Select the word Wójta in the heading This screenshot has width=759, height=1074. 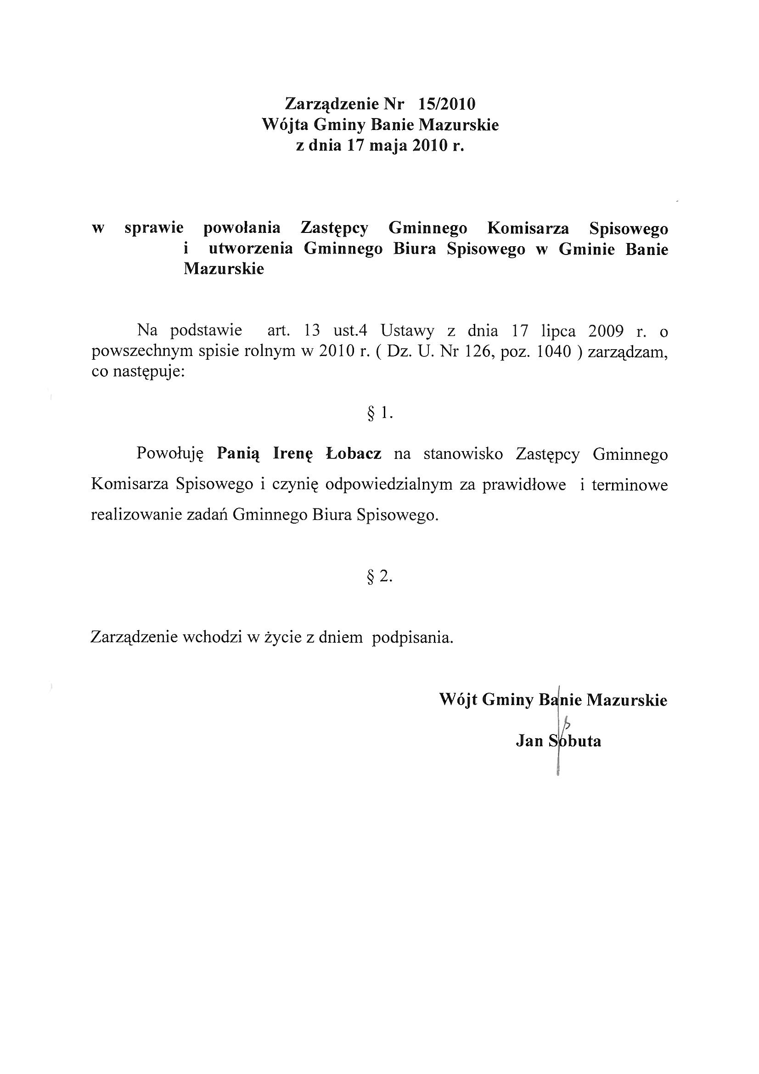point(284,125)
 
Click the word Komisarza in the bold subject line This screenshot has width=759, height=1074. point(528,228)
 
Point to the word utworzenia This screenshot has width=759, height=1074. point(251,249)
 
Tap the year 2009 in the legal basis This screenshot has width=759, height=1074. point(606,331)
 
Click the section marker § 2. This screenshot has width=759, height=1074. point(380,577)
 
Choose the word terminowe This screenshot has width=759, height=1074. point(630,484)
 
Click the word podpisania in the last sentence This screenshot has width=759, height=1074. point(412,638)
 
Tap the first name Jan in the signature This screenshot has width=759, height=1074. point(529,741)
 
